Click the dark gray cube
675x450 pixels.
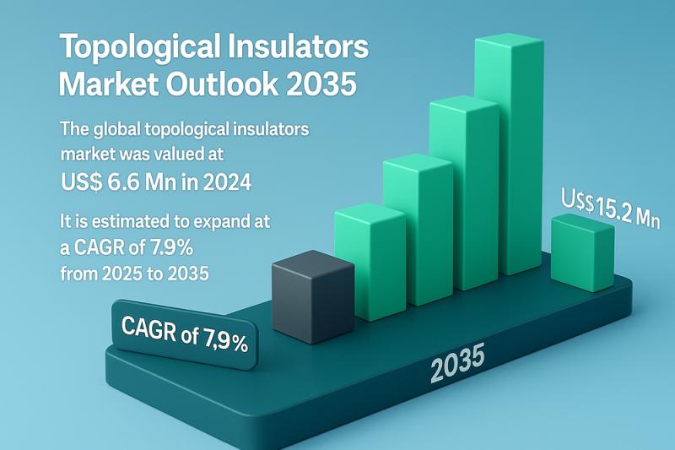click(313, 296)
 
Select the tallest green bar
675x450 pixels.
click(509, 155)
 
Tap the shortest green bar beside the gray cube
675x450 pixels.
click(370, 262)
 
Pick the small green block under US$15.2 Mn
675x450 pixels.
click(583, 252)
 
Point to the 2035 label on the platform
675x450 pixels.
click(457, 362)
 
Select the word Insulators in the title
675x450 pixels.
click(298, 46)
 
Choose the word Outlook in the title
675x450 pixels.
click(222, 83)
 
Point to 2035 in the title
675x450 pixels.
click(321, 83)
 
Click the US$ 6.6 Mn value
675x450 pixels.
click(118, 182)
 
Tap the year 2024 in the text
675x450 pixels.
click(227, 182)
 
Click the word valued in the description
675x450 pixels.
click(165, 154)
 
